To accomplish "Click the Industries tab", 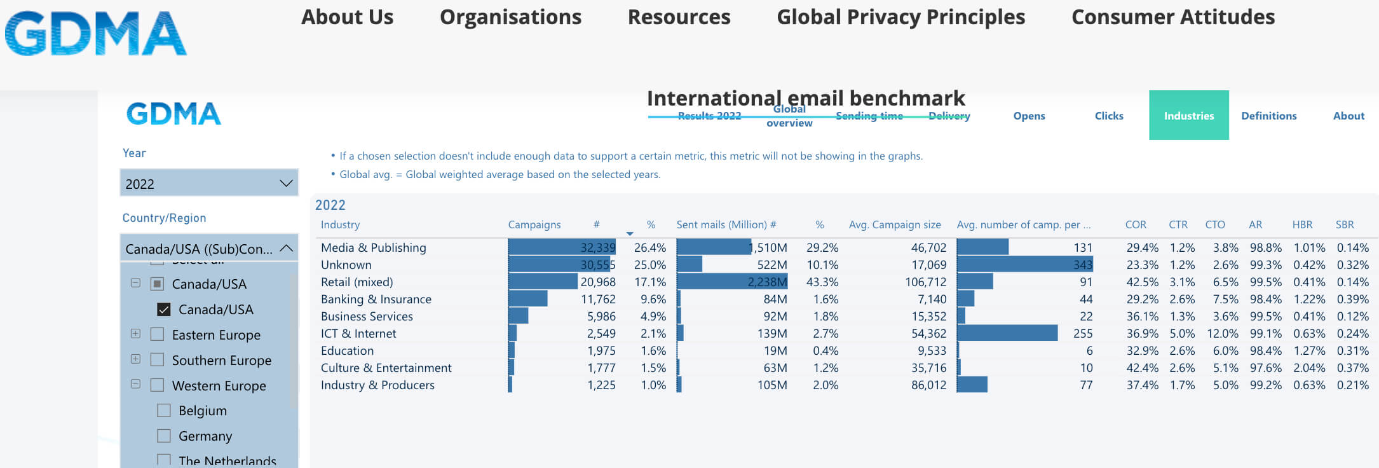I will [x=1188, y=116].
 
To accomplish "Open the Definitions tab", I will [x=1268, y=116].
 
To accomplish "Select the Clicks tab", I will [x=1109, y=116].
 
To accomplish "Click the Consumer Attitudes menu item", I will [x=1172, y=17].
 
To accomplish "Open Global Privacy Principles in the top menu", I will [x=900, y=17].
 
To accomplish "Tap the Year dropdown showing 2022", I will [x=209, y=184].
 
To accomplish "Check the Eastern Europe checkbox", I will [x=157, y=334].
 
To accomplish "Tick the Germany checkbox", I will [x=164, y=436].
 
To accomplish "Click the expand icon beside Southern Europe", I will [x=135, y=359].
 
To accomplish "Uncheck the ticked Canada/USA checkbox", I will [x=164, y=310].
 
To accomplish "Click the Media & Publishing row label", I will [x=373, y=248].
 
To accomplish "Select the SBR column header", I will [x=1344, y=224].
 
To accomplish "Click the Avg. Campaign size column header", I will [x=894, y=224].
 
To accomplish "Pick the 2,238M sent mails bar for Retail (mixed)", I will [x=731, y=282].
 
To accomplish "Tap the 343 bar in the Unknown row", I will [x=1024, y=265].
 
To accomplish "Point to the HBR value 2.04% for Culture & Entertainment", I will [x=1308, y=368].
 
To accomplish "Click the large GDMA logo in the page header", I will [x=95, y=33].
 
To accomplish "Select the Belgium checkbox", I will [x=164, y=411].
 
